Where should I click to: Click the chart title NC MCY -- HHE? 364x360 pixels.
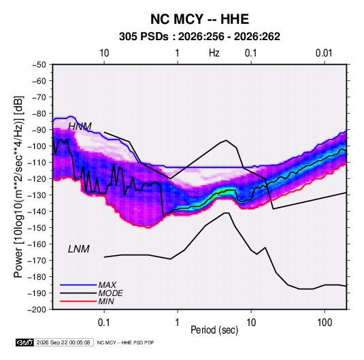pos(199,19)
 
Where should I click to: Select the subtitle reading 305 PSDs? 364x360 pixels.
pos(144,37)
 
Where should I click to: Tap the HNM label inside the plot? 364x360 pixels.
pos(80,127)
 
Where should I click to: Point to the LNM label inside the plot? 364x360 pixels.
pos(79,249)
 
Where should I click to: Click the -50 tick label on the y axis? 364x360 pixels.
pos(39,65)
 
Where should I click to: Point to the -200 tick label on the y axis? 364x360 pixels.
pos(37,310)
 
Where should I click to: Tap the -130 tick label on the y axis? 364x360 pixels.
pos(37,195)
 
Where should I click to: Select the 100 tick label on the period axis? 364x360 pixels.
pos(325,323)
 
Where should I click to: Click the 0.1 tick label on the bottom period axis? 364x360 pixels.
pos(104,323)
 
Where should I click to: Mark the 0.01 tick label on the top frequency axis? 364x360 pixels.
pos(324,53)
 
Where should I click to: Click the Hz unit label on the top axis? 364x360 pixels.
pos(214,53)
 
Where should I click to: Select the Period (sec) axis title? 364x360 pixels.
pos(214,330)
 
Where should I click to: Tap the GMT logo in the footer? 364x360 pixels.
pos(24,342)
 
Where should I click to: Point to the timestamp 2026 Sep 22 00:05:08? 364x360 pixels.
pos(63,342)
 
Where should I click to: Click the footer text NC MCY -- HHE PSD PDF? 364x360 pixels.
pos(125,342)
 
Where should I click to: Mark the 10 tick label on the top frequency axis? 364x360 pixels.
pos(104,53)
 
